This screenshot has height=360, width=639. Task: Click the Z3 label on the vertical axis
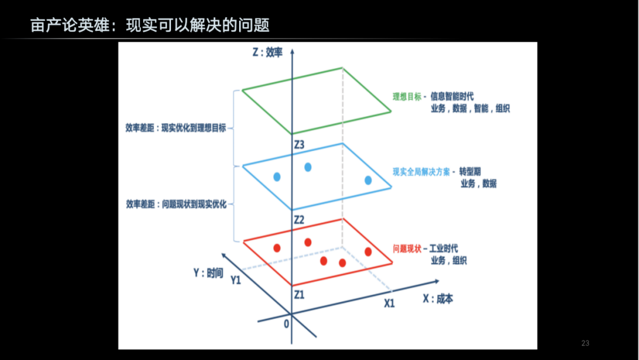(x=299, y=144)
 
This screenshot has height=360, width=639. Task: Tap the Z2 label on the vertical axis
(x=299, y=220)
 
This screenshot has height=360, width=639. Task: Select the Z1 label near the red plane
(x=299, y=294)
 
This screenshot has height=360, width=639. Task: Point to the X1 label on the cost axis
(x=389, y=303)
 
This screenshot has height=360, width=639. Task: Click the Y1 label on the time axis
(x=235, y=280)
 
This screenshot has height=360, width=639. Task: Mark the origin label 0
(x=286, y=324)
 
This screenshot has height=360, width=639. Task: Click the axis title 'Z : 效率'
(x=267, y=52)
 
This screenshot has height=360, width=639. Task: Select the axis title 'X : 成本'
(x=438, y=299)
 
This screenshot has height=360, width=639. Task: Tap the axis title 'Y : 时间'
(x=208, y=273)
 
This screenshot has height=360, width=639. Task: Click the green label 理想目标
(x=406, y=97)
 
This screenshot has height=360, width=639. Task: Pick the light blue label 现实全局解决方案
(x=421, y=172)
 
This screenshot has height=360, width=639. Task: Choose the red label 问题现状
(x=406, y=249)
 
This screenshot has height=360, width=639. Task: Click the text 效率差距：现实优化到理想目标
(x=176, y=128)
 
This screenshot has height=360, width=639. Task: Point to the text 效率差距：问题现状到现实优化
(x=176, y=204)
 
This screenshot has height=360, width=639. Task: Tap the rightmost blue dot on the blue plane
(x=368, y=180)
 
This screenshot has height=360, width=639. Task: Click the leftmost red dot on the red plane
(x=277, y=248)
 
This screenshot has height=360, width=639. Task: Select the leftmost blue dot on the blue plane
(x=277, y=177)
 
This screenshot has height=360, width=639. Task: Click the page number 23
(x=585, y=343)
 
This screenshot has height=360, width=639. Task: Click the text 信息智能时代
(x=452, y=97)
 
